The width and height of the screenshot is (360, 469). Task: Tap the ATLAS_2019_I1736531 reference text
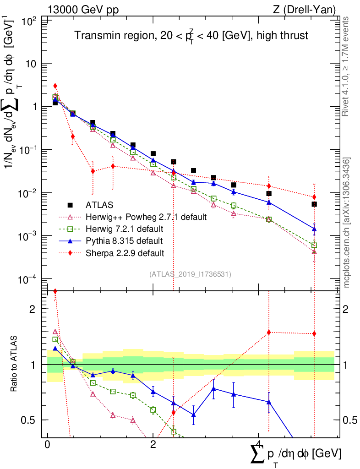[x=190, y=274]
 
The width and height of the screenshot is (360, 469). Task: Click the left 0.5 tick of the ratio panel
[x=30, y=420]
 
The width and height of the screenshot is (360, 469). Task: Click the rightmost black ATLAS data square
[x=314, y=204]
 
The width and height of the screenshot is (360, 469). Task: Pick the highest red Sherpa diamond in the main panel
[x=55, y=86]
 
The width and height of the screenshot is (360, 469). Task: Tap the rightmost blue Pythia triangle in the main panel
[x=314, y=229]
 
